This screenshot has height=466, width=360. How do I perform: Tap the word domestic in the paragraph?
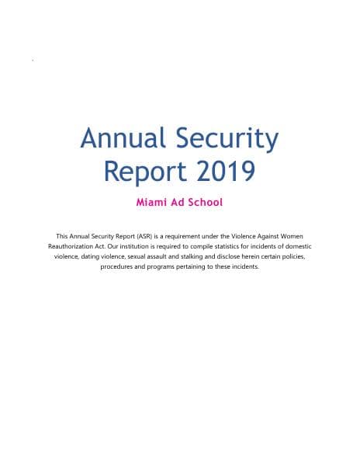(x=299, y=245)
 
